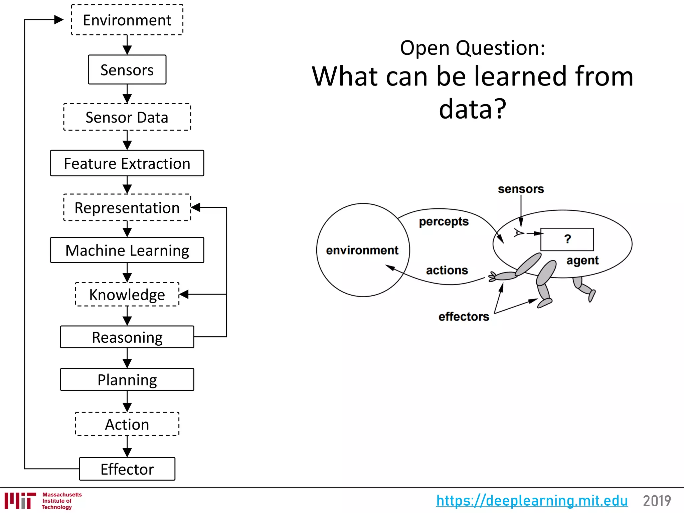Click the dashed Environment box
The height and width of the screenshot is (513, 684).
[127, 20]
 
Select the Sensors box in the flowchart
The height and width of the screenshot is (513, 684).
[127, 70]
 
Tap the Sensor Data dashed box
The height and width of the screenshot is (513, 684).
[127, 117]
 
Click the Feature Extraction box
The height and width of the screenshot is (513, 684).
[127, 163]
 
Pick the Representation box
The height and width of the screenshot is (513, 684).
[127, 208]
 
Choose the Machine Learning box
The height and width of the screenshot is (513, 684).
[127, 250]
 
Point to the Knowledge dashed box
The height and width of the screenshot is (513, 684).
[127, 295]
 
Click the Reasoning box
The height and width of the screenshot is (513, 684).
[127, 337]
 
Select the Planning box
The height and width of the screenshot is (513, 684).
[127, 380]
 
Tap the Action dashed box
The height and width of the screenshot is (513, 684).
[127, 424]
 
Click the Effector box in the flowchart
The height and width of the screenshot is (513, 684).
[127, 469]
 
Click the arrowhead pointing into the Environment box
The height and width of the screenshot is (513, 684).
[59, 20]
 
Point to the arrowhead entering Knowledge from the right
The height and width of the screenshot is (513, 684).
[184, 294]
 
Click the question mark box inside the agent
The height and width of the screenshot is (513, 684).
[567, 239]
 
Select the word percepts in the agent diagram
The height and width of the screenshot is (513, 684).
[444, 221]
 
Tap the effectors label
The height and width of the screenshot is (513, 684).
[464, 316]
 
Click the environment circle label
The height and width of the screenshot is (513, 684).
[362, 250]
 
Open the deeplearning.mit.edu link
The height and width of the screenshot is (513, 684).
[532, 501]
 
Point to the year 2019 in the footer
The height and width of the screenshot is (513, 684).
[657, 501]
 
